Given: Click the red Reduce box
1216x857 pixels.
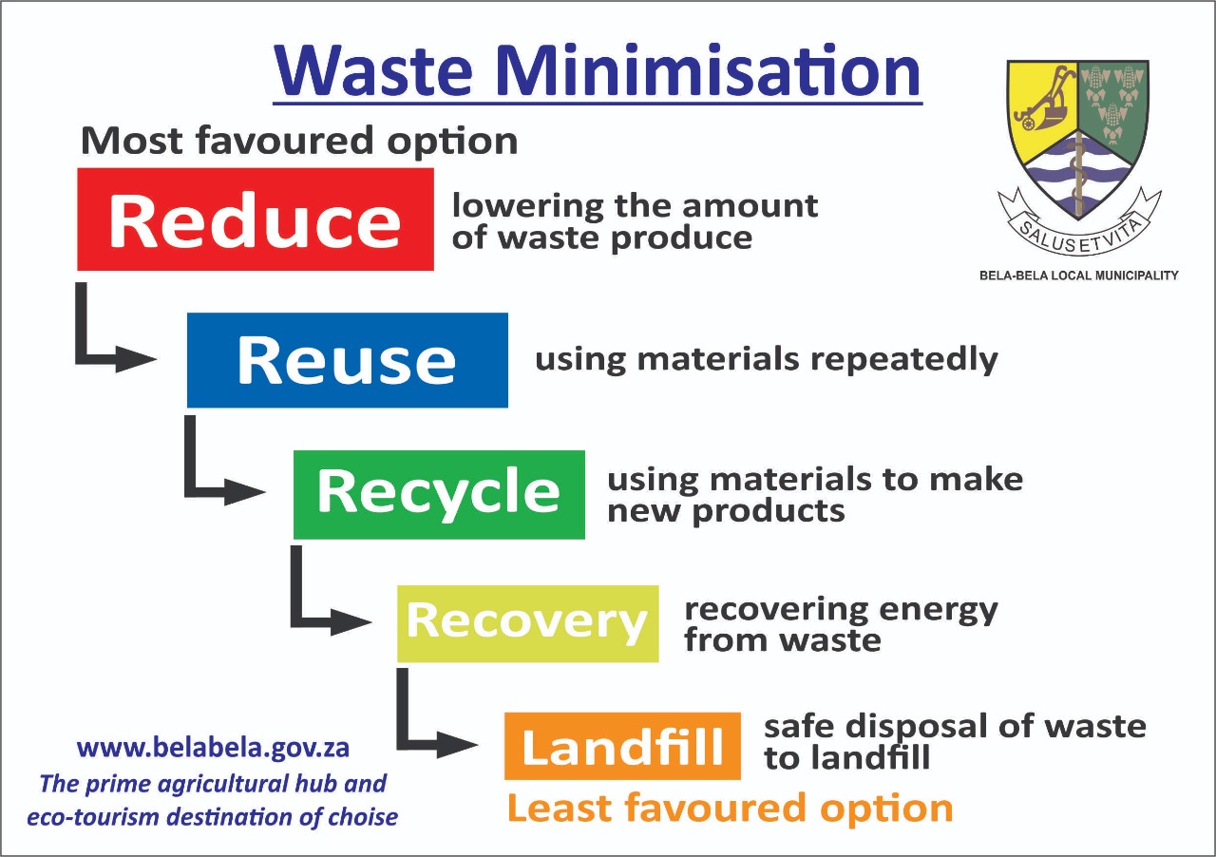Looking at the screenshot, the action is coord(256,219).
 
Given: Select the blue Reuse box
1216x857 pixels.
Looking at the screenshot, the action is coord(348,360).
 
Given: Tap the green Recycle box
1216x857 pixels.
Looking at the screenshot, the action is coord(439,494).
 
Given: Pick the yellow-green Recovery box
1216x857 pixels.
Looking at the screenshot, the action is coord(527,623).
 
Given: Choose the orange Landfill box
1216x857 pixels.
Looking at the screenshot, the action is coord(622,746).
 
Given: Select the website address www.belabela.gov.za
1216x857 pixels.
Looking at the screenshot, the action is coord(213,749).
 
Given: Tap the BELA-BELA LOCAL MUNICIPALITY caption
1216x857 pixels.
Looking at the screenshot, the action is coord(1078,276).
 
